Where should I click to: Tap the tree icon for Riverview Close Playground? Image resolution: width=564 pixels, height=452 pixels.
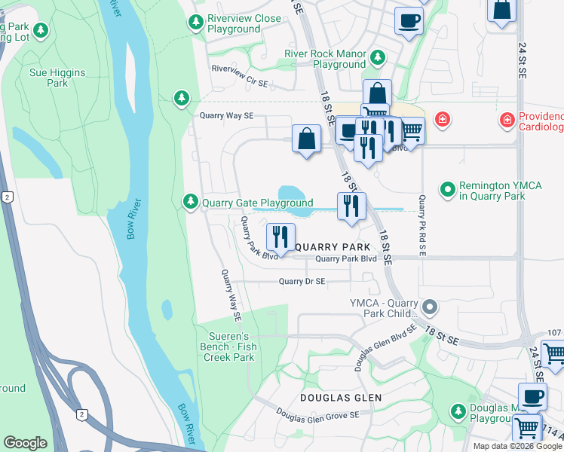195,23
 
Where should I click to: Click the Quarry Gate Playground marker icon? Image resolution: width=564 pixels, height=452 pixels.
191,202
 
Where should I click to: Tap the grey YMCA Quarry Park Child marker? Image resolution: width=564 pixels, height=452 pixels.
431,307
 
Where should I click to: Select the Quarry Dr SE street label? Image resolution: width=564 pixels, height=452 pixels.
302,282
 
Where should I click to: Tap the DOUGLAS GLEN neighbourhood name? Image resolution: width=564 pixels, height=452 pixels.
340,397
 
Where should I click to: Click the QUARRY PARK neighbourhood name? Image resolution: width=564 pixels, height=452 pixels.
333,247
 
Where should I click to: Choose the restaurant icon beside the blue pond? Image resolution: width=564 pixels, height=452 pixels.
351,205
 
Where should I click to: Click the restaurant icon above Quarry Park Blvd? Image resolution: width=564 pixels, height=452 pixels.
280,237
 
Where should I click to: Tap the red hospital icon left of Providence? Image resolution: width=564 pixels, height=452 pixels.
442,119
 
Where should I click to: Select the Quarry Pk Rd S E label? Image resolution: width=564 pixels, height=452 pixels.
422,225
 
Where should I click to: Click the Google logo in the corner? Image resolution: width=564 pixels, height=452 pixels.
25,443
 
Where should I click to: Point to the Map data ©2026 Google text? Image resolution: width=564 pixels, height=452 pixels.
518,446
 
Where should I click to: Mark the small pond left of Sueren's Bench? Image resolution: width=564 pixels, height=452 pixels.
166,310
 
